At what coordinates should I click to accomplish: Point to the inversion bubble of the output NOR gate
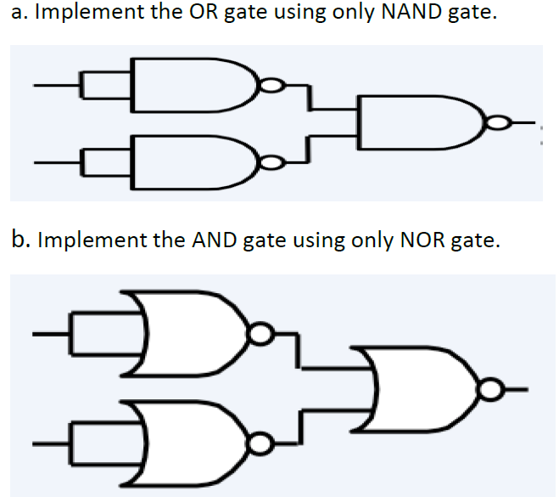pos(489,390)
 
